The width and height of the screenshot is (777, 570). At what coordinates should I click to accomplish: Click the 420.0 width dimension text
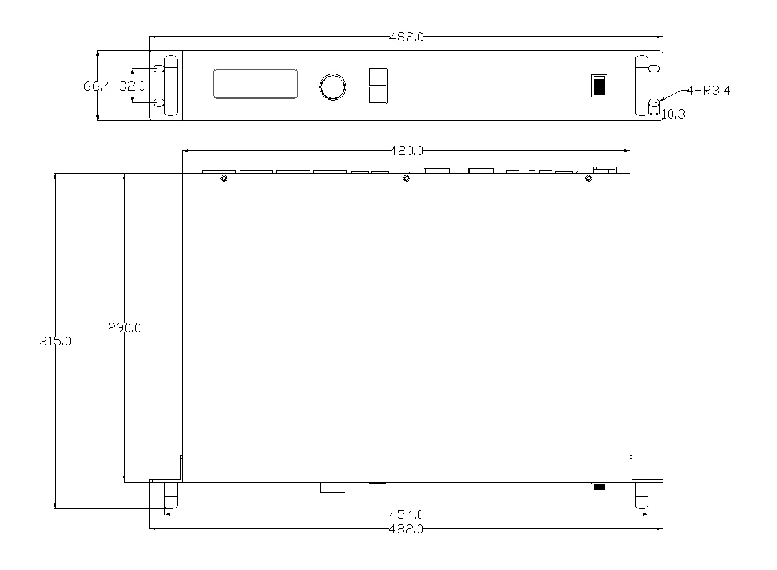[406, 150]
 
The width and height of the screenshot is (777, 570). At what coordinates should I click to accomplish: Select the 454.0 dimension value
[406, 514]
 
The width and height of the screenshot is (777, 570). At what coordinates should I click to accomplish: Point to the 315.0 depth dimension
[56, 342]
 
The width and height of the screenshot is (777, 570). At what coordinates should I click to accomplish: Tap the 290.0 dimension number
[124, 327]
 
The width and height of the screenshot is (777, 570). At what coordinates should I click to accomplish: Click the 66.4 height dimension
[97, 86]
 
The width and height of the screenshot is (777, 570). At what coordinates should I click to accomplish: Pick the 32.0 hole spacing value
[132, 86]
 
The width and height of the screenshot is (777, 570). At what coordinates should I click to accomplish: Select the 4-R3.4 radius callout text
[708, 91]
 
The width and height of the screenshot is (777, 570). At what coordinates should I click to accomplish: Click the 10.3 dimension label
[673, 114]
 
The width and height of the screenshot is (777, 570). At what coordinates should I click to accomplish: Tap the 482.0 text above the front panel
[406, 37]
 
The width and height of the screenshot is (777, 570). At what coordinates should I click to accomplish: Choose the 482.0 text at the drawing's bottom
[406, 529]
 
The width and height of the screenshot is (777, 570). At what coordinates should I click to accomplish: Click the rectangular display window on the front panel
[255, 84]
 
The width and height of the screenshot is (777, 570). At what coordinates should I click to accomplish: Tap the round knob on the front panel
[332, 87]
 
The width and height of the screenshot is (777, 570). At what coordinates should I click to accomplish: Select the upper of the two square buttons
[378, 77]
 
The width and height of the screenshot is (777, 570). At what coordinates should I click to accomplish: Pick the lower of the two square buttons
[378, 95]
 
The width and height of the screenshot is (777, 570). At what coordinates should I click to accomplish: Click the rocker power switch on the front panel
[599, 86]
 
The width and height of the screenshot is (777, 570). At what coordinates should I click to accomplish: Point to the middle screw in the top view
[406, 179]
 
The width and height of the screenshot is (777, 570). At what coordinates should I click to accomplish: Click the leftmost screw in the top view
[224, 179]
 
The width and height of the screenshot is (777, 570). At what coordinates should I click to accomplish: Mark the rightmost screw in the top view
[588, 179]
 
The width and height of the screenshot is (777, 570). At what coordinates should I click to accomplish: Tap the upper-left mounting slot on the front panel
[159, 68]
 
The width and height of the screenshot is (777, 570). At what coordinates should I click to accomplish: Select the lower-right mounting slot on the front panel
[653, 102]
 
